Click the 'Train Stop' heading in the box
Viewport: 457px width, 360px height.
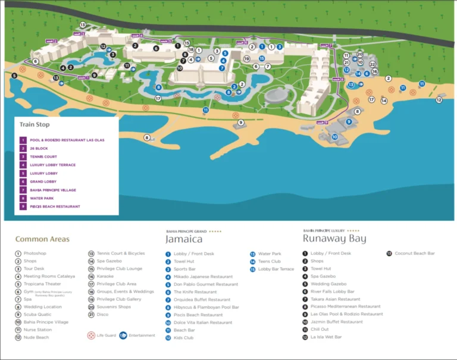[x=35, y=125]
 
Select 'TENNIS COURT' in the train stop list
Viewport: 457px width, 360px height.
[x=43, y=156]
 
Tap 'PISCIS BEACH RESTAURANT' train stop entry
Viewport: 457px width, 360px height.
[x=55, y=206]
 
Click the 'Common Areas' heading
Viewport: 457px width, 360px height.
[x=42, y=239]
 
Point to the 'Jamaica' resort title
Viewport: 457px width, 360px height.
[x=184, y=239]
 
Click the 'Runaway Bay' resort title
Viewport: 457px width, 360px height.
[x=334, y=239]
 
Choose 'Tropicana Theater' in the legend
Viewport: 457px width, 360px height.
[x=43, y=284]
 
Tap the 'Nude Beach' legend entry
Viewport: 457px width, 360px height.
[x=36, y=337]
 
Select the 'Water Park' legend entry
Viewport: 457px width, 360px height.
[x=270, y=253]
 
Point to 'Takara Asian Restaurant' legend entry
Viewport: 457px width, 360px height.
[x=335, y=299]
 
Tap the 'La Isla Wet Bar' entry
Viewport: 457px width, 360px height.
[x=326, y=337]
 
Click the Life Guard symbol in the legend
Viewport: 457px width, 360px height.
[x=91, y=336]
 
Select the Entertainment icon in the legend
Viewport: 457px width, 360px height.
[x=124, y=336]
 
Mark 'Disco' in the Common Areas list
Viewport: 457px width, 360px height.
[x=102, y=314]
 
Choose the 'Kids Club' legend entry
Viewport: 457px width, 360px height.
[x=184, y=337]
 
